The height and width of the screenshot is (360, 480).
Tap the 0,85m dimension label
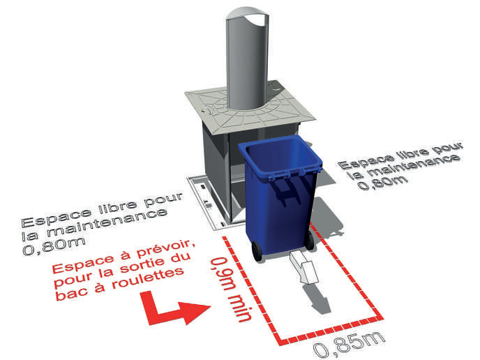349,344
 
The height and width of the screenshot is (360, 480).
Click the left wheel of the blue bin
257,251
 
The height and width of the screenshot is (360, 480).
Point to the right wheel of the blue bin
310,241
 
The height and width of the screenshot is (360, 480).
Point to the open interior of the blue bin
281,154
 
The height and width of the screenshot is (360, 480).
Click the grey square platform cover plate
250,107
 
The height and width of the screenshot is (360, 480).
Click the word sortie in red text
141,267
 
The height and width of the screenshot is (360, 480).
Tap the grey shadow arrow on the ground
317,299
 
